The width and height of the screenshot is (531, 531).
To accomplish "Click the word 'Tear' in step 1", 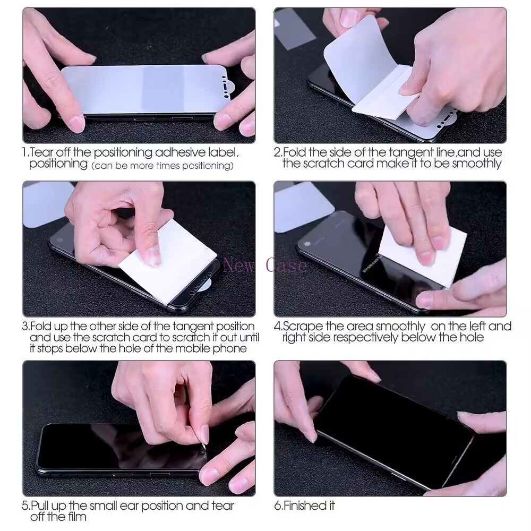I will (x=41, y=153).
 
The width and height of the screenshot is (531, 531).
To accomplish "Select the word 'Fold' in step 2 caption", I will (x=294, y=153).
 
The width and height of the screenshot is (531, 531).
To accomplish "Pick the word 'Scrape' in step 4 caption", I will (x=302, y=327).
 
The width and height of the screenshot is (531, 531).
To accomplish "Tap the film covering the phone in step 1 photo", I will (x=143, y=88).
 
